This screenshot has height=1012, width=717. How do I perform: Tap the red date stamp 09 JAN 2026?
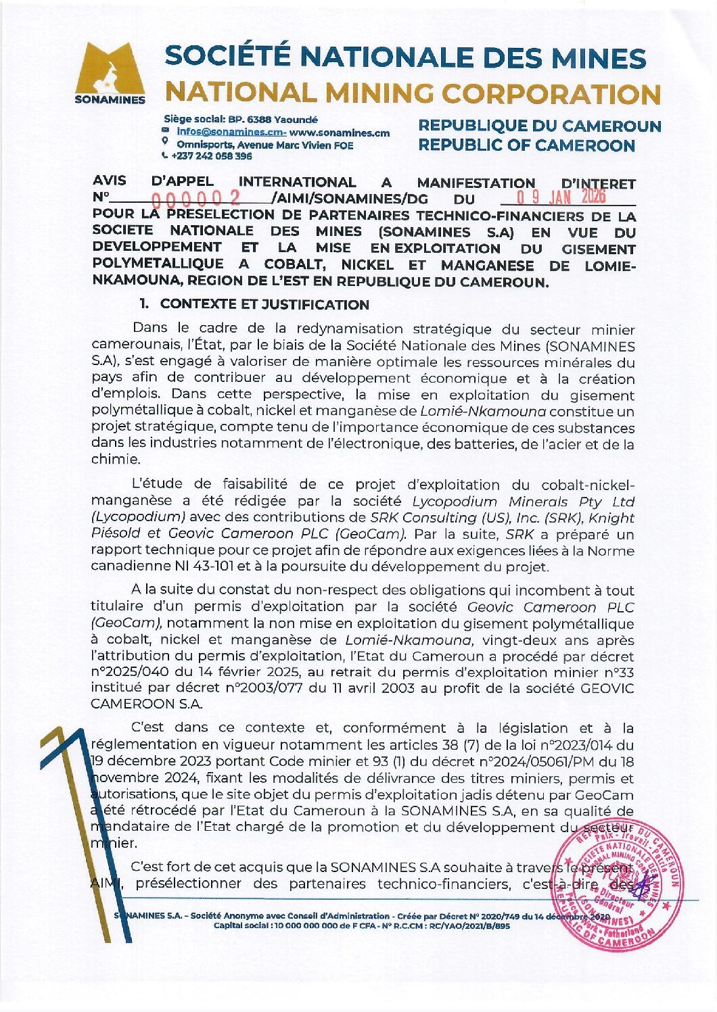coord(561,197)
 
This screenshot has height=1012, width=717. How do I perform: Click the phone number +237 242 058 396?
coord(211,156)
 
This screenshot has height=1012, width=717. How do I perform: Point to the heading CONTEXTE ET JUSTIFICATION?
coord(264,304)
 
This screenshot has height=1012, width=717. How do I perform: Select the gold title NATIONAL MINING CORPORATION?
coord(413,93)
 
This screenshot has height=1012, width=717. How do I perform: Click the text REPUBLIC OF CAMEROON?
coord(526,145)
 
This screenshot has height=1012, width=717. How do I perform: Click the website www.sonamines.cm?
coord(340,132)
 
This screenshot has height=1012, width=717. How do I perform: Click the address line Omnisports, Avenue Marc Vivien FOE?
coord(264,145)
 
